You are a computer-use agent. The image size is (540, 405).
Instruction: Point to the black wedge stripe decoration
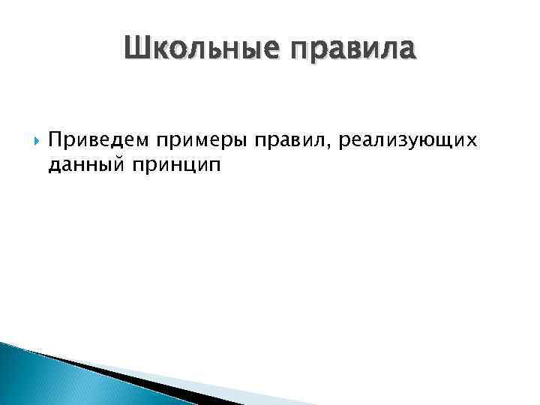(112, 374)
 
